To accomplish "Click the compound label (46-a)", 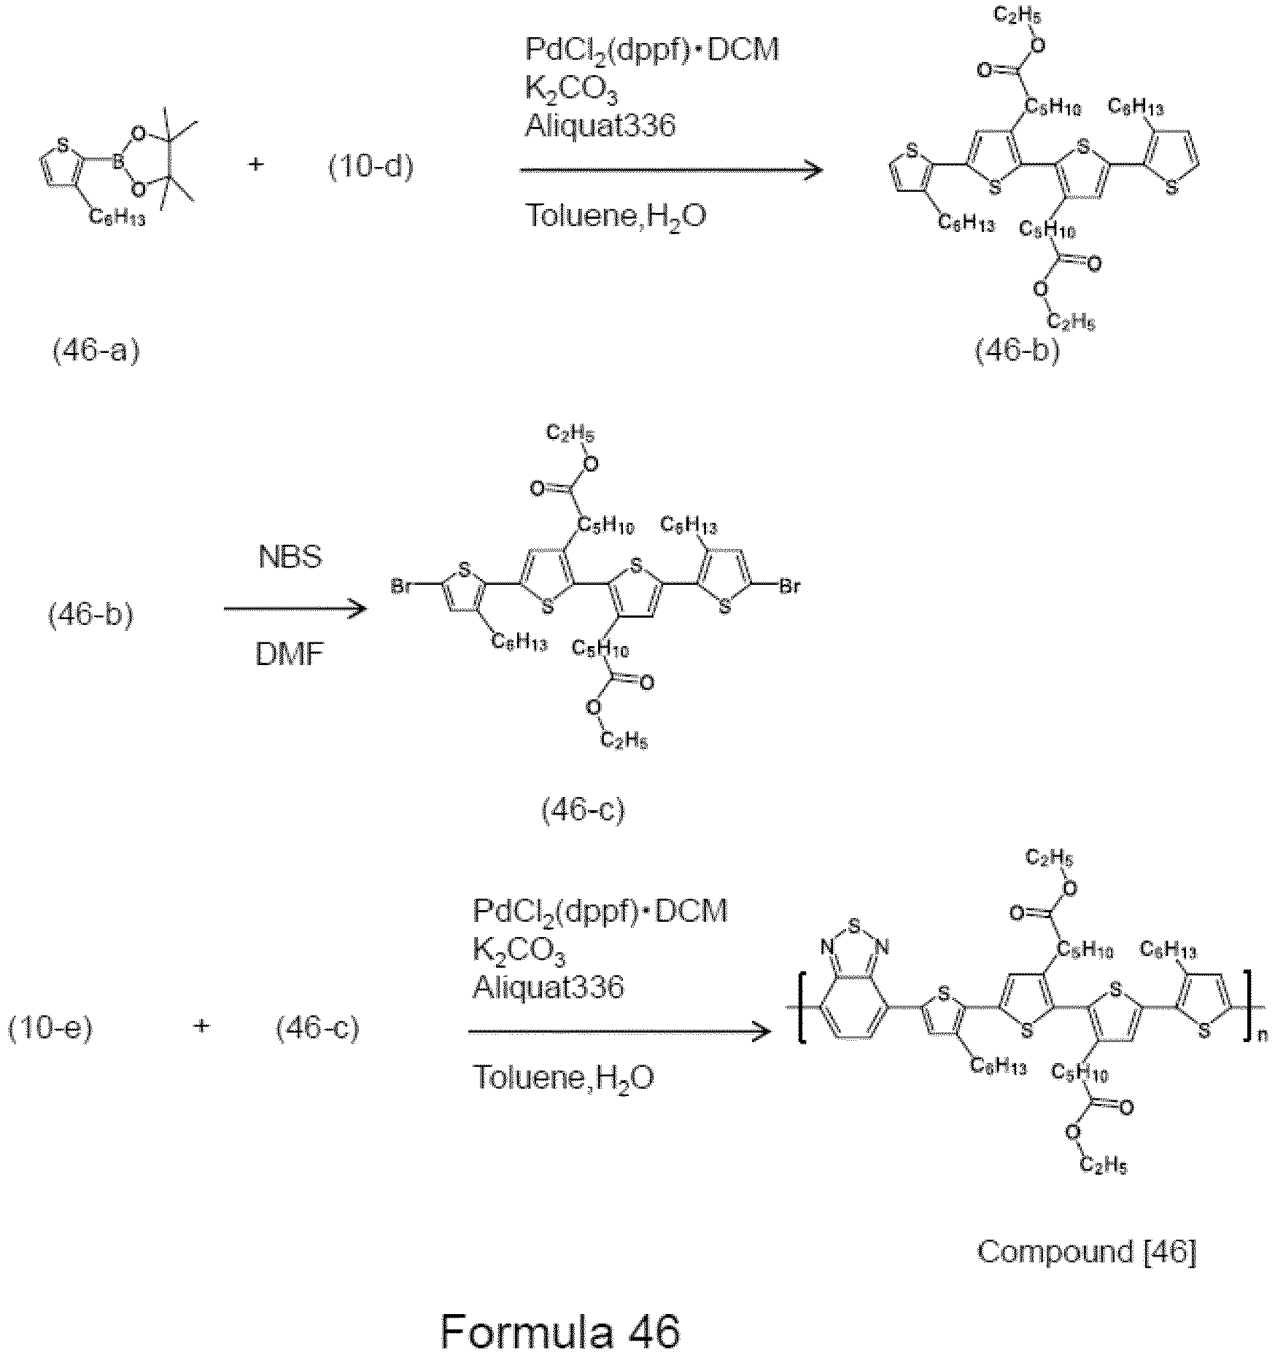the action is [x=96, y=351].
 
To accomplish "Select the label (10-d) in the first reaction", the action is [x=370, y=168].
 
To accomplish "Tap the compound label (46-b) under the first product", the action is [x=1017, y=351].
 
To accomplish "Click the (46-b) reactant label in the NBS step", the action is [x=91, y=616].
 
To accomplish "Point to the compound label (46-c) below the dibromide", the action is [x=583, y=811].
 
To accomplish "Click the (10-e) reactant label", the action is [x=50, y=1029].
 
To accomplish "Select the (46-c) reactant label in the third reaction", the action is [x=317, y=1029].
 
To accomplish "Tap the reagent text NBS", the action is [x=290, y=559].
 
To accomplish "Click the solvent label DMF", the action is [x=290, y=656].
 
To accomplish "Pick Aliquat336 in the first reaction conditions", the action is [x=600, y=126].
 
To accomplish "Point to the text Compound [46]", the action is [x=1087, y=1253].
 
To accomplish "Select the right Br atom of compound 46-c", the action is [x=791, y=586].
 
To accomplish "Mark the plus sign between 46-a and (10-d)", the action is [x=256, y=165].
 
